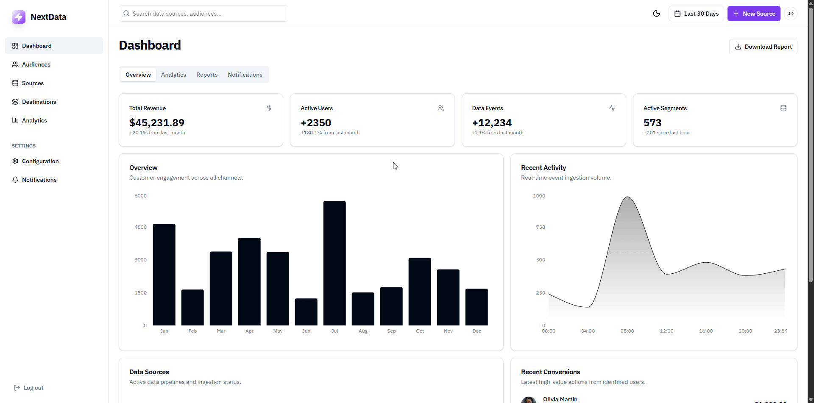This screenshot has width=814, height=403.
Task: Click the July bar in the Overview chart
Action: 335,263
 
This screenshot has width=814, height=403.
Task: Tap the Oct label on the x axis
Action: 420,331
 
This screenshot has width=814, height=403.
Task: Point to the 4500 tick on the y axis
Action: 140,227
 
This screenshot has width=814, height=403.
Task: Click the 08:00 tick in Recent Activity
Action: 627,331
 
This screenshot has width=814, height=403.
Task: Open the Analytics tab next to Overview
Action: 173,75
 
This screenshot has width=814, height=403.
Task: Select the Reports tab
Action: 207,75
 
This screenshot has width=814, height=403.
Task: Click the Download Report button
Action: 763,47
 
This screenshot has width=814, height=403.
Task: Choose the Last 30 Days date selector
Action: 696,14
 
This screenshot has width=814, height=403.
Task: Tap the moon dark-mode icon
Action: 656,14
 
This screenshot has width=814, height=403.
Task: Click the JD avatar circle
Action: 790,14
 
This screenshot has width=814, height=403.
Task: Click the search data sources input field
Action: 203,14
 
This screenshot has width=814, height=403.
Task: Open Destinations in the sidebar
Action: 39,102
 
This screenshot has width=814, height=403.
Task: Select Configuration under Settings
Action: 40,161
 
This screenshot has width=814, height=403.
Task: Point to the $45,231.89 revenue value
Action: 157,123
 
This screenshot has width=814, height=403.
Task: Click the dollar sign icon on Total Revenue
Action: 269,108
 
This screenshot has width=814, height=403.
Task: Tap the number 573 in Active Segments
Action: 652,123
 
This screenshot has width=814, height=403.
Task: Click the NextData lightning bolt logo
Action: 19,17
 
